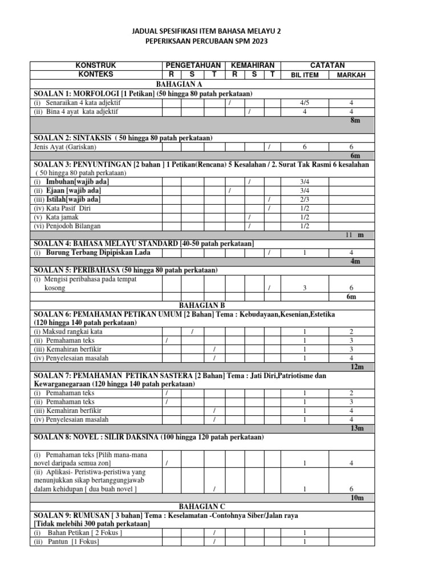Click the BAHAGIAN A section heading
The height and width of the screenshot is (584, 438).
(x=196, y=84)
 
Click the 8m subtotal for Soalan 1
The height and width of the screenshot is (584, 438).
(x=355, y=121)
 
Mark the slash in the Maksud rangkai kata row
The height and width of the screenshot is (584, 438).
(x=193, y=331)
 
